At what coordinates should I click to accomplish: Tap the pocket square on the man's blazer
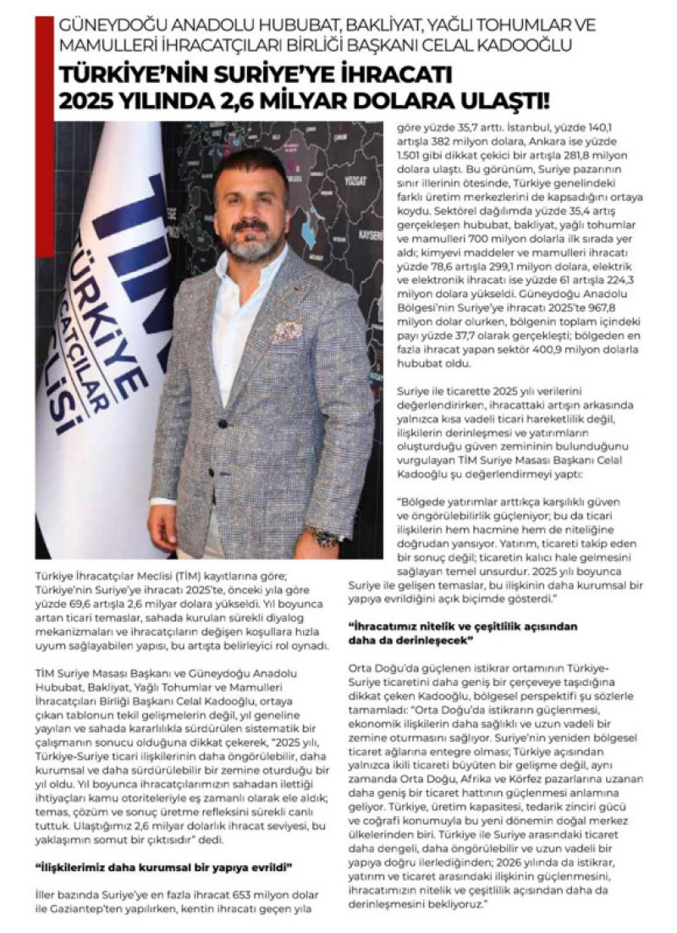287,331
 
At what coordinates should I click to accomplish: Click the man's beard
252,245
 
